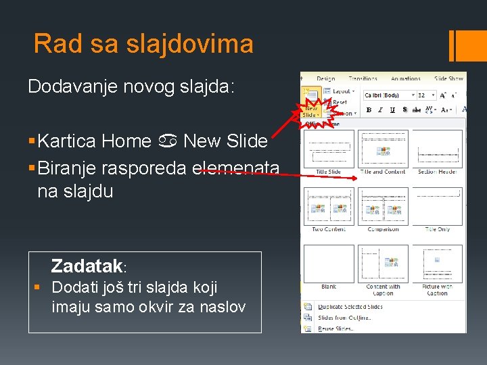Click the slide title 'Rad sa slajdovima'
[x=143, y=44]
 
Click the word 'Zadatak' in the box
[x=86, y=266]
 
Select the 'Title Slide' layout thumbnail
[x=328, y=149]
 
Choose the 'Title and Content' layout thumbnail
[x=382, y=149]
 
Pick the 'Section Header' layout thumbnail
[x=437, y=149]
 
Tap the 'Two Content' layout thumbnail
[x=328, y=205]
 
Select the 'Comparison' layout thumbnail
[x=382, y=205]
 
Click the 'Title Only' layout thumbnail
[x=437, y=205]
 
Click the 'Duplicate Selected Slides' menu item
[x=350, y=307]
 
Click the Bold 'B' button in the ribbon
[x=369, y=109]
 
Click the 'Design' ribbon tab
[x=325, y=78]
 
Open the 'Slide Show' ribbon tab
[x=448, y=78]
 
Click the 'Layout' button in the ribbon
[x=340, y=91]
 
